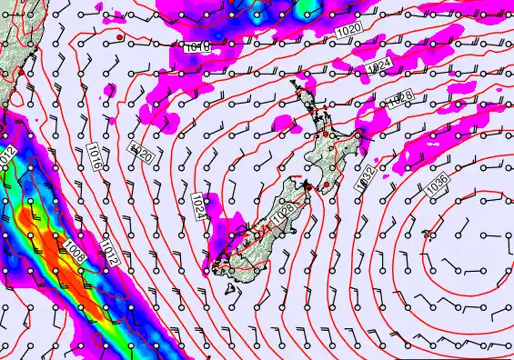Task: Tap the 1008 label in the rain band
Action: (75, 251)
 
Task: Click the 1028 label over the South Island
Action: (282, 216)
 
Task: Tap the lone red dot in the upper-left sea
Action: (119, 37)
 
